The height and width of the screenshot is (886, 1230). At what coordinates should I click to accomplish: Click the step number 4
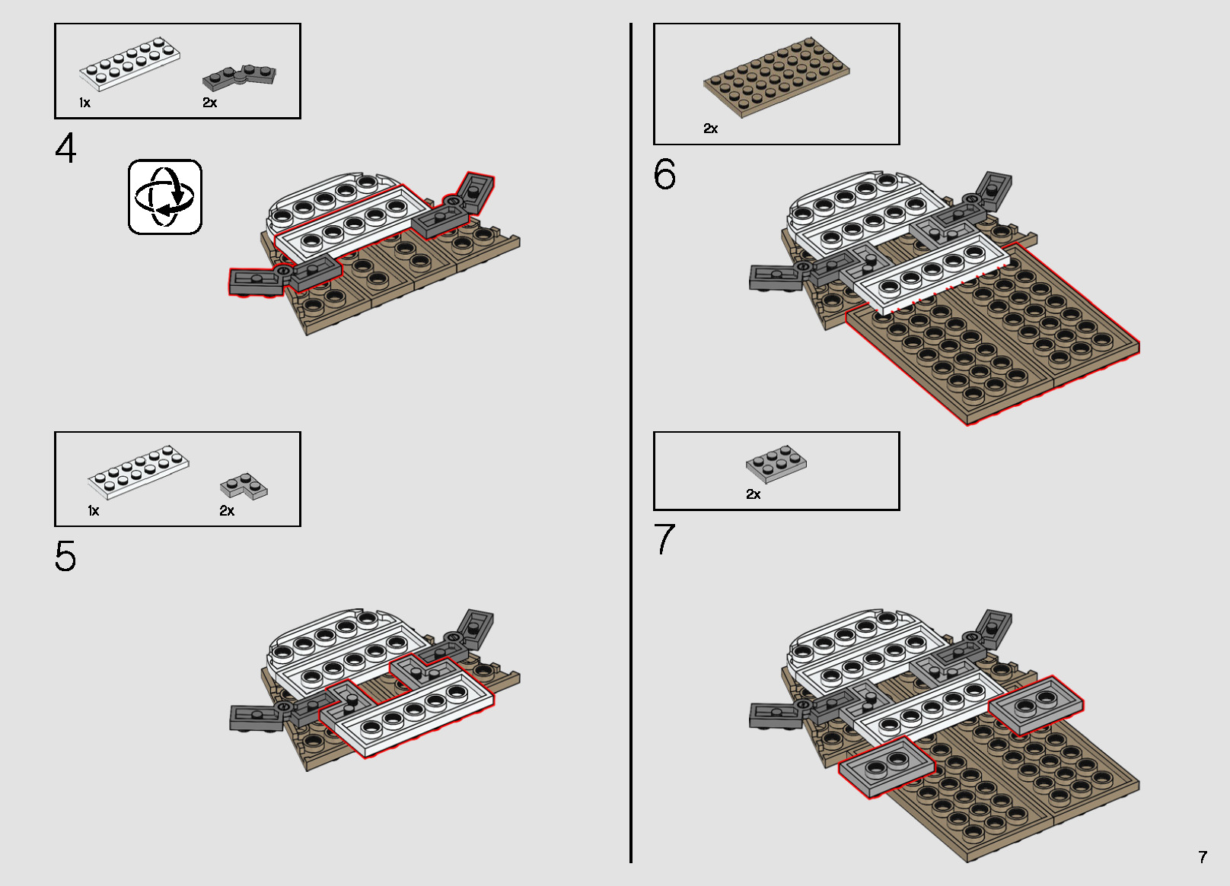pyautogui.click(x=65, y=148)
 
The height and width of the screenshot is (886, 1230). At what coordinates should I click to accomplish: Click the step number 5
pyautogui.click(x=65, y=557)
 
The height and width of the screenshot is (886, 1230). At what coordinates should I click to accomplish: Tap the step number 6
pyautogui.click(x=664, y=175)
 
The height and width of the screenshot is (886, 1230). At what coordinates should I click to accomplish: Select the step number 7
pyautogui.click(x=664, y=540)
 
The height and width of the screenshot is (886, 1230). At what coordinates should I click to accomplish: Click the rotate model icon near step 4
pyautogui.click(x=165, y=197)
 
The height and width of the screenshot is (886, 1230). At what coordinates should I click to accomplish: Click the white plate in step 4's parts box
pyautogui.click(x=130, y=64)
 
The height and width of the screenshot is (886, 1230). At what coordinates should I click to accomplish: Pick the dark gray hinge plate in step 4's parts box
pyautogui.click(x=239, y=76)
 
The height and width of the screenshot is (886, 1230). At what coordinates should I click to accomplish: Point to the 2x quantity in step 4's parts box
pyautogui.click(x=210, y=103)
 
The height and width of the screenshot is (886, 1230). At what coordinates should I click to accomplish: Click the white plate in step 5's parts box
pyautogui.click(x=139, y=472)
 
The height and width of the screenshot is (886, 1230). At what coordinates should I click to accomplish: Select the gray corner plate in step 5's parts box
pyautogui.click(x=244, y=485)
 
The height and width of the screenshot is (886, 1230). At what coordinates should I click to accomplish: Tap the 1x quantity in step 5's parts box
pyautogui.click(x=93, y=511)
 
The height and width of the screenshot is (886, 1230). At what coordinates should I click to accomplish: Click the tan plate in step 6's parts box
pyautogui.click(x=777, y=77)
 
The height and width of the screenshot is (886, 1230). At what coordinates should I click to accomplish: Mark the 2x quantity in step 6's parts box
pyautogui.click(x=710, y=129)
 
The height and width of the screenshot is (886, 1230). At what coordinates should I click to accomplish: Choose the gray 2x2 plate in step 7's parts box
pyautogui.click(x=776, y=463)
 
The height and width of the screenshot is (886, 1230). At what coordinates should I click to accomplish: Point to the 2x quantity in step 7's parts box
pyautogui.click(x=753, y=494)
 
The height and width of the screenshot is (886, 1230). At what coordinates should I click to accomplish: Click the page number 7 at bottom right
pyautogui.click(x=1203, y=857)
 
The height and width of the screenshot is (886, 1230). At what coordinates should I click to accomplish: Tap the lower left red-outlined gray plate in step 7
pyautogui.click(x=887, y=767)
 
